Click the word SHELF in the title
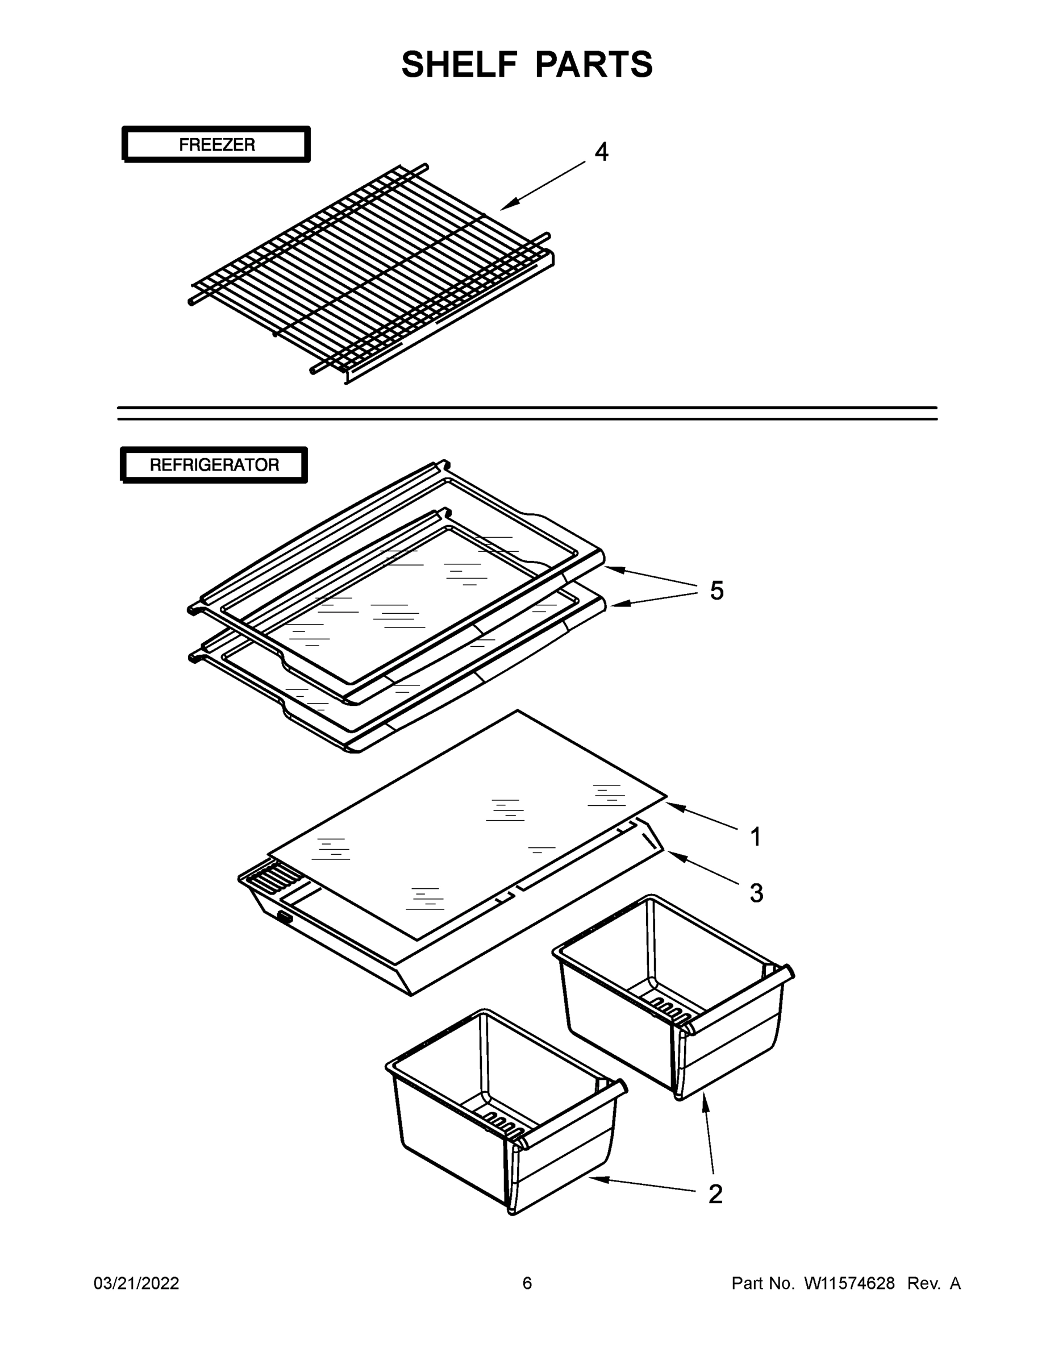[x=459, y=64]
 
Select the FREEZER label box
[x=216, y=145]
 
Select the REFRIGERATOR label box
[x=214, y=465]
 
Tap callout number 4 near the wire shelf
[x=601, y=152]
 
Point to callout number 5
[x=716, y=590]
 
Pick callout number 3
[x=756, y=893]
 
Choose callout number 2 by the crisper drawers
[x=715, y=1193]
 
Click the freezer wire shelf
[x=372, y=272]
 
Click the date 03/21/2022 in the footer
[x=136, y=1283]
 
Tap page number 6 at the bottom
[x=527, y=1283]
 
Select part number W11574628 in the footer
[x=849, y=1283]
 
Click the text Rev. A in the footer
[x=934, y=1283]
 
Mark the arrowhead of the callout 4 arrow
[x=503, y=207]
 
